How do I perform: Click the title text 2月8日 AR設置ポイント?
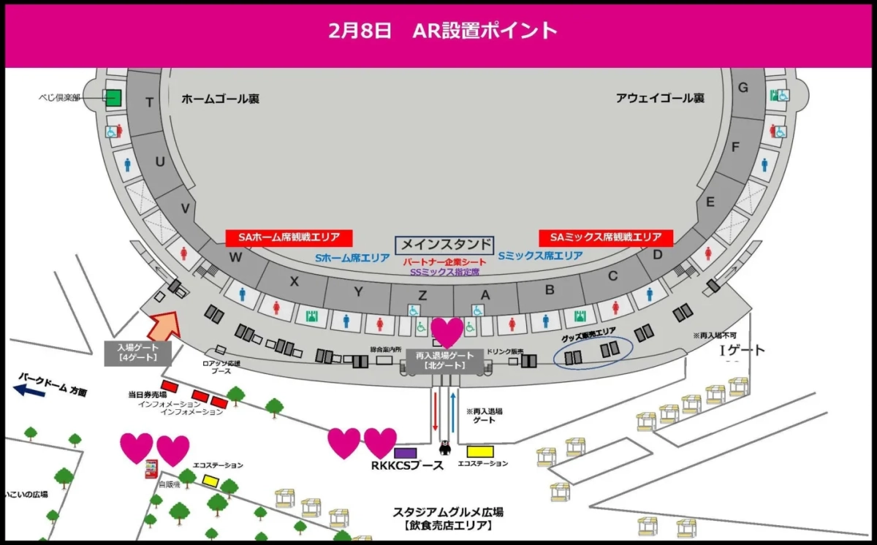[443, 30]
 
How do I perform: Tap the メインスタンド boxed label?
[444, 245]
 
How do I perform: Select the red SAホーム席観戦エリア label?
[289, 237]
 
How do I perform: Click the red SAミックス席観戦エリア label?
[606, 237]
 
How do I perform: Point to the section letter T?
[149, 103]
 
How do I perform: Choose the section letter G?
[743, 88]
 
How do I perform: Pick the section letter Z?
[422, 295]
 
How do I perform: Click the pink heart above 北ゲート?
[447, 332]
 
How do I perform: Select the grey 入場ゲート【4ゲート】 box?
[138, 353]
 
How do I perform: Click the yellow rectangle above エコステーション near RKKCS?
[482, 451]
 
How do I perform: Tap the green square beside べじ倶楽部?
[113, 97]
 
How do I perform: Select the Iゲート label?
[743, 351]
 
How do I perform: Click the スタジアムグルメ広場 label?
[448, 512]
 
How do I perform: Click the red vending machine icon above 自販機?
[152, 469]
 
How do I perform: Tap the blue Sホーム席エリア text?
[352, 258]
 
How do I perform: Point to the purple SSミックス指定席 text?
[444, 272]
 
